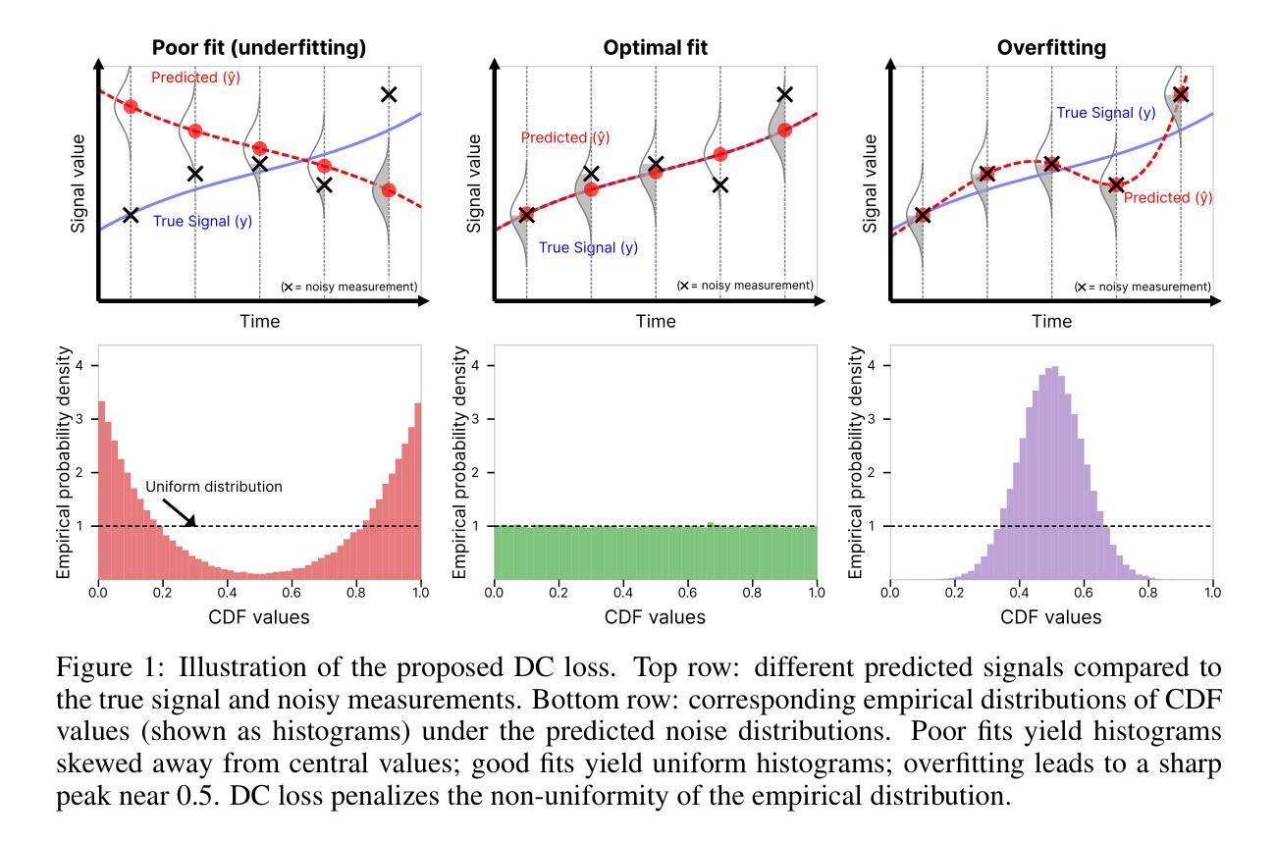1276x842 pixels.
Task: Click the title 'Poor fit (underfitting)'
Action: click(x=259, y=47)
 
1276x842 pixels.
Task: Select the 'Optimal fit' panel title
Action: click(x=655, y=47)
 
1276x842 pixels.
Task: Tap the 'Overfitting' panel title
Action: click(x=1051, y=47)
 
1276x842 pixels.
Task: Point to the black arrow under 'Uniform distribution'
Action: click(x=183, y=511)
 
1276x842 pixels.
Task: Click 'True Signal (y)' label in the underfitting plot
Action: click(x=202, y=221)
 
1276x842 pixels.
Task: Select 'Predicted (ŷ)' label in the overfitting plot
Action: click(x=1168, y=197)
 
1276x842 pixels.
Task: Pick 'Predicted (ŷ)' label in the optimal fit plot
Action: click(x=564, y=138)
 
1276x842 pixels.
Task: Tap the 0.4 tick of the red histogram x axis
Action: click(x=227, y=594)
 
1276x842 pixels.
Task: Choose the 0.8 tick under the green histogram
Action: click(x=752, y=594)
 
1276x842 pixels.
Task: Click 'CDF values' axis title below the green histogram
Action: click(x=655, y=617)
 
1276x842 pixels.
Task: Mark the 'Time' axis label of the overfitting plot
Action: click(x=1051, y=321)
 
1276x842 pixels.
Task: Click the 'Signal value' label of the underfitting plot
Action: click(x=79, y=184)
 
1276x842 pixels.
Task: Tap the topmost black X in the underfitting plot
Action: click(x=389, y=94)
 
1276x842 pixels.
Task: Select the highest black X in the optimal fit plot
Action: click(x=784, y=94)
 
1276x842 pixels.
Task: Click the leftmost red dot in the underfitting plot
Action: click(x=131, y=106)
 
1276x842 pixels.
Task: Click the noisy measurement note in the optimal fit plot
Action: click(x=745, y=286)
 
